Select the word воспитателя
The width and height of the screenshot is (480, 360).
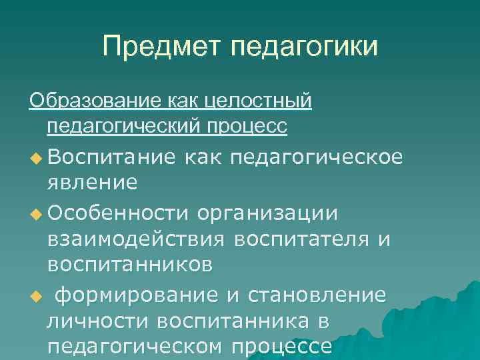click(x=305, y=239)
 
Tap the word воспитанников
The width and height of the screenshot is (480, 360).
click(x=130, y=265)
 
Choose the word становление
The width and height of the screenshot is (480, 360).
click(x=316, y=295)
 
